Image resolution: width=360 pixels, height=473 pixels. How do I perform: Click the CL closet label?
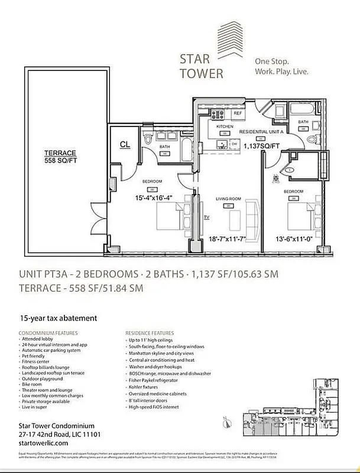[125, 144]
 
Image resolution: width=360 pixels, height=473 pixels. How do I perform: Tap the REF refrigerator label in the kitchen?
[238, 112]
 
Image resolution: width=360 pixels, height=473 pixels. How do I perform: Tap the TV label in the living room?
[207, 218]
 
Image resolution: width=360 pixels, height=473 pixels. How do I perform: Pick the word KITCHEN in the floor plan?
[225, 127]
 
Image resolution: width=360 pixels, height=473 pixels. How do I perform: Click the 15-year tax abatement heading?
[58, 318]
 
